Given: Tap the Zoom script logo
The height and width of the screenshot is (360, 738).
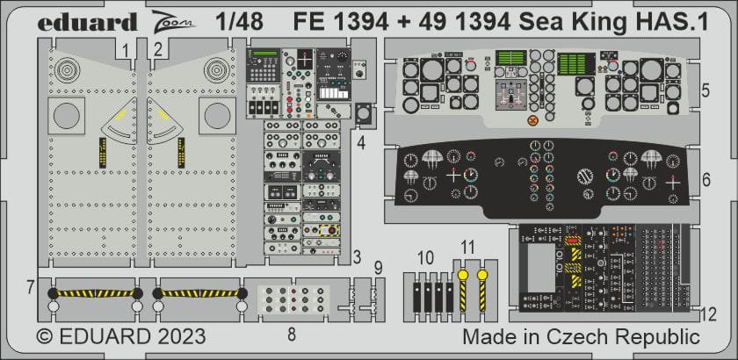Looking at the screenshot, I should [x=166, y=21].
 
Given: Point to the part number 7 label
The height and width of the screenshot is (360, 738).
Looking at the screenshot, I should [x=30, y=286].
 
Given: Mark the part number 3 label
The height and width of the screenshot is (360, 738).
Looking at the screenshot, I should [x=356, y=257].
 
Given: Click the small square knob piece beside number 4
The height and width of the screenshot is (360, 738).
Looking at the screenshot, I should [x=362, y=114].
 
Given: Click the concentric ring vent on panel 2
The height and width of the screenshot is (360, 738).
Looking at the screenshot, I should [x=214, y=68].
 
